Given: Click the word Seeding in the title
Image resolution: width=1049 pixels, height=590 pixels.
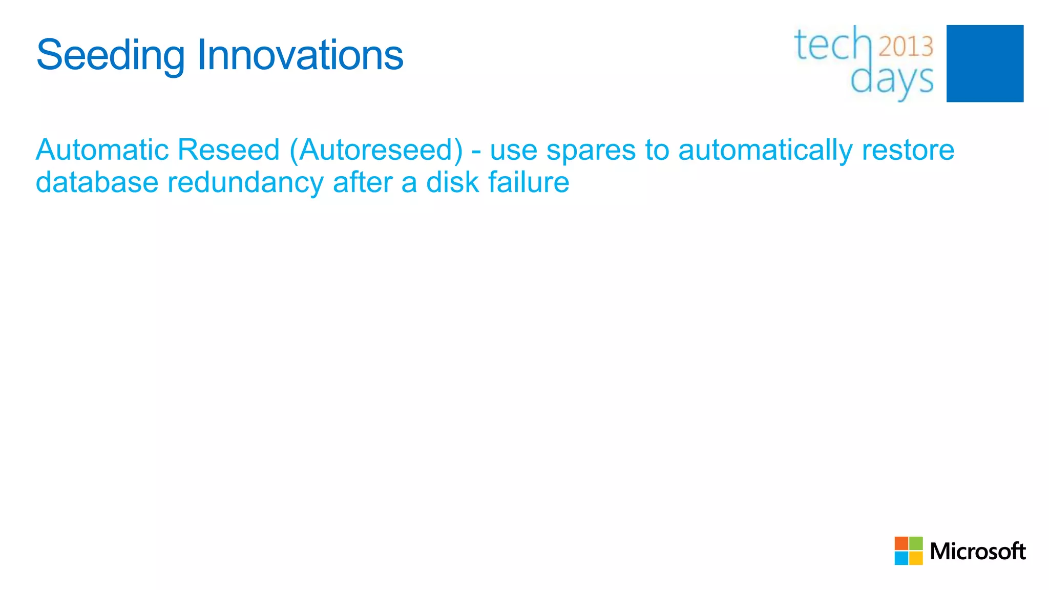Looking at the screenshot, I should coord(110,55).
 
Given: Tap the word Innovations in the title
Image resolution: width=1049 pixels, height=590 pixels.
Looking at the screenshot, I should coord(300,55).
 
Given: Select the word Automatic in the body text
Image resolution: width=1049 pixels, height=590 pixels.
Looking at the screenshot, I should coord(102,150).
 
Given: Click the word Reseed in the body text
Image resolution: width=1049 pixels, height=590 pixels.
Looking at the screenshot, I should coord(228,150).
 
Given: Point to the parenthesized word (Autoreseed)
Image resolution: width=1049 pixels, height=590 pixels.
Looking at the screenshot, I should coord(376,150).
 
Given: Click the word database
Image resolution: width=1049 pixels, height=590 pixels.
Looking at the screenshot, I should coord(97,182).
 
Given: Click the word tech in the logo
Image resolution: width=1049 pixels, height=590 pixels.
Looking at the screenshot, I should coord(832,45).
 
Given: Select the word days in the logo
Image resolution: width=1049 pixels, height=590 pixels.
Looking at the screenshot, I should coord(892,81).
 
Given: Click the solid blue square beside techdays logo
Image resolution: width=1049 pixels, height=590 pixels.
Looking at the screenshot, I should coord(984,64).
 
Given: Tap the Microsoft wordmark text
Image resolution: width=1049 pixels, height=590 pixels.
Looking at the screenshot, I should coord(977,552).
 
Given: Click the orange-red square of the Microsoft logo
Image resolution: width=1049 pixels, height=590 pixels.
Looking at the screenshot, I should coord(901,543).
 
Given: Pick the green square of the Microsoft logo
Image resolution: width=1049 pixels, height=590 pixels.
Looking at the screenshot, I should coord(916,543).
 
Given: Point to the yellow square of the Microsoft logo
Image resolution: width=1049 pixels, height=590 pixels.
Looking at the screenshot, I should coord(916,558).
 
